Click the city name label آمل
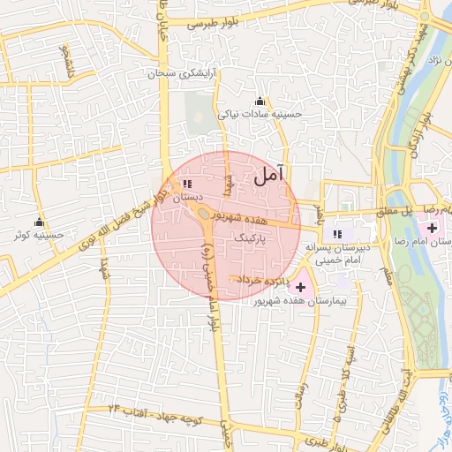tap(271, 175)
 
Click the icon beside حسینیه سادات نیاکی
tap(260, 101)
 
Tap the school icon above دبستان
tap(186, 184)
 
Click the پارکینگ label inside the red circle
tap(254, 238)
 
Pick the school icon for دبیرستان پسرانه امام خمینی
tap(336, 233)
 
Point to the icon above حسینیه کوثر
tap(39, 222)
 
